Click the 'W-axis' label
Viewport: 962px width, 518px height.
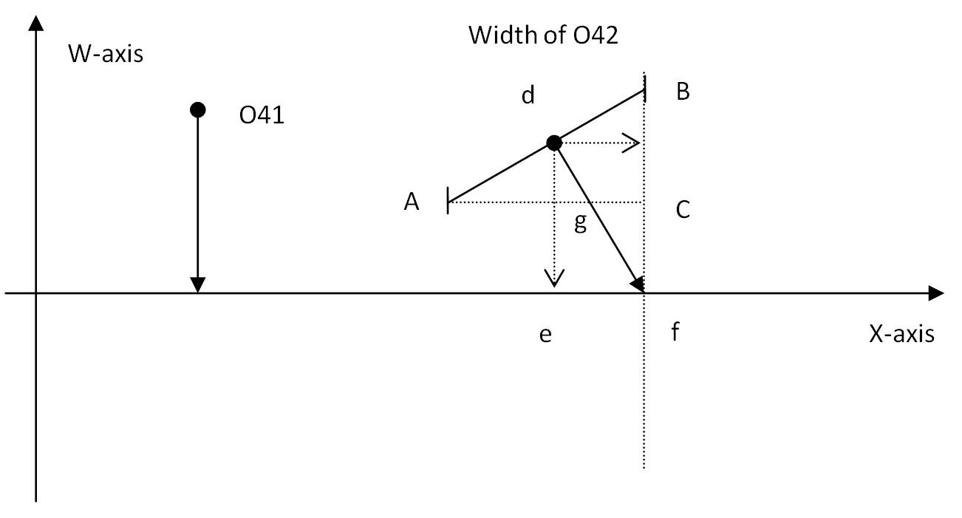pos(106,54)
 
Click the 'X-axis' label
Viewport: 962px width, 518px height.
pos(901,334)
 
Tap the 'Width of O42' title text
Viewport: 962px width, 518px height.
pos(543,35)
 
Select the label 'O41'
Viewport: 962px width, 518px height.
pos(262,115)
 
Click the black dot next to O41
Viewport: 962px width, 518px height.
pos(197,110)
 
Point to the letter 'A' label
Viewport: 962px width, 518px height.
pos(412,202)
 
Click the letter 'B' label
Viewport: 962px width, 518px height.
pos(683,92)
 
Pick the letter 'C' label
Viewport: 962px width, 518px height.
pos(683,210)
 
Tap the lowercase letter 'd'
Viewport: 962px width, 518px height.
pos(528,95)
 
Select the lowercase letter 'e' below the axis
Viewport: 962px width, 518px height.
pos(545,335)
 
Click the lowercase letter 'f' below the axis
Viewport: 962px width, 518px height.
pos(675,332)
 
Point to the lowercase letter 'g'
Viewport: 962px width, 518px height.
pos(580,222)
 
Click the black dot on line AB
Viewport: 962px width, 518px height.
pos(554,143)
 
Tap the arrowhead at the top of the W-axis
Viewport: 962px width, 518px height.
pos(35,23)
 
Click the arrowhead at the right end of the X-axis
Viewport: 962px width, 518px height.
pos(936,293)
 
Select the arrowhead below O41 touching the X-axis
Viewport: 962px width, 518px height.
pos(197,285)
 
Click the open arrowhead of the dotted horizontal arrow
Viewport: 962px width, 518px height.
pos(631,143)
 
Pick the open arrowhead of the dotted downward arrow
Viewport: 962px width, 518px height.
pos(554,278)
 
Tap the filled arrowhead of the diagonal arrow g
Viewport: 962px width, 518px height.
pos(638,284)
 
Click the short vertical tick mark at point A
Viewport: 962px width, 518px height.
pos(448,200)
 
